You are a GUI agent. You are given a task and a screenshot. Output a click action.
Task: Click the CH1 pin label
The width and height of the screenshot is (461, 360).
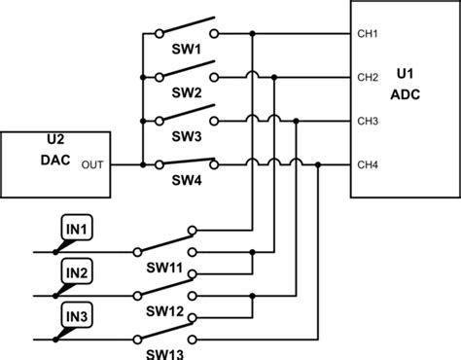point(369,34)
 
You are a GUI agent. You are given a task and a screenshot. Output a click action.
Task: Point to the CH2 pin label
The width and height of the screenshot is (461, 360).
point(369,78)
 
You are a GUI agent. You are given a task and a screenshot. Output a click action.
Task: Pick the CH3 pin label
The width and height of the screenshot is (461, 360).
point(369,121)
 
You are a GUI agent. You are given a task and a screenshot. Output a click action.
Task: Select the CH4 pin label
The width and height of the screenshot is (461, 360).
point(369,164)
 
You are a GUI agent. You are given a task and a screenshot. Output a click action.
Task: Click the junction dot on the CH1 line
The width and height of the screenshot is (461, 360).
point(253,34)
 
